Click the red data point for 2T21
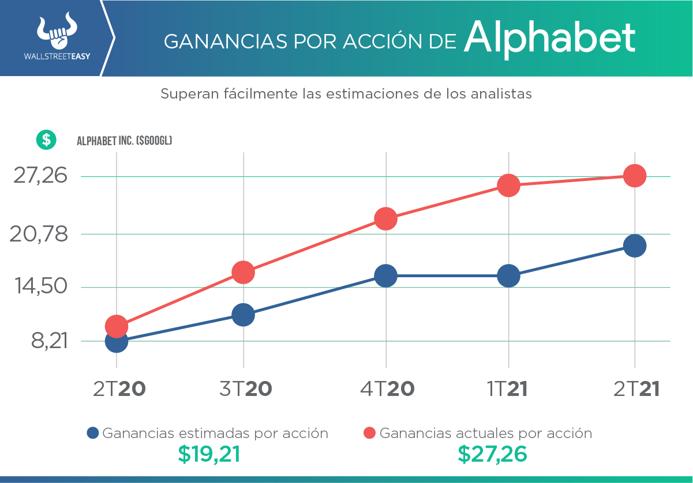pos(635,175)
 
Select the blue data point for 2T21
pos(635,246)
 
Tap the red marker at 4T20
pos(385,218)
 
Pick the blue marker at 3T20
pos(243,315)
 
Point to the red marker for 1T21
pos(508,185)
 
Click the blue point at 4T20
pos(385,276)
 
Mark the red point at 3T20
pos(243,272)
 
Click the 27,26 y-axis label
pos(40,176)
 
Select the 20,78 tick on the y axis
pos(40,234)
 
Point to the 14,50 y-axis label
pos(40,287)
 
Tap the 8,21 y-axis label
pos(50,341)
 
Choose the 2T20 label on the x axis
pos(119,389)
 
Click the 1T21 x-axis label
pos(508,389)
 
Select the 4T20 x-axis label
pos(387,389)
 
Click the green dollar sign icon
pos(46,139)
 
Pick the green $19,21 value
pos(208,454)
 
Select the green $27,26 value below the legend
pos(492,454)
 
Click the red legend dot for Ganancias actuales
pos(370,433)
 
